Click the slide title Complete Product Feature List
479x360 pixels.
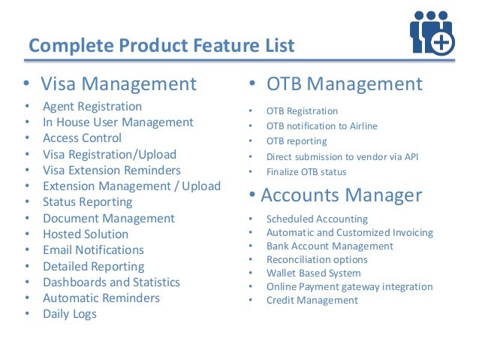click(161, 45)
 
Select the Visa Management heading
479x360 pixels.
click(118, 83)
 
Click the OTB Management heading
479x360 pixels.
click(345, 83)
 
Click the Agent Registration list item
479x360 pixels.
click(92, 107)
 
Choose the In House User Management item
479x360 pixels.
click(118, 123)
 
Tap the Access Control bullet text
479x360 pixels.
click(82, 138)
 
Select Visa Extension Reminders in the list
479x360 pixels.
click(111, 171)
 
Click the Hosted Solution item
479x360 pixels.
click(86, 234)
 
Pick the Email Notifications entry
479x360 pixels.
click(93, 250)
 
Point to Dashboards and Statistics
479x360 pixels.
click(111, 283)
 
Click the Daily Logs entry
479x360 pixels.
click(70, 314)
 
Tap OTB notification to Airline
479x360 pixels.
click(321, 126)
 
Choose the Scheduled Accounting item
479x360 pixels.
click(317, 219)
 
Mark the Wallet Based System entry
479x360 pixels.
click(313, 274)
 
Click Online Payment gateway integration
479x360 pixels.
click(349, 287)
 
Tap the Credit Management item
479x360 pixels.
click(312, 301)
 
